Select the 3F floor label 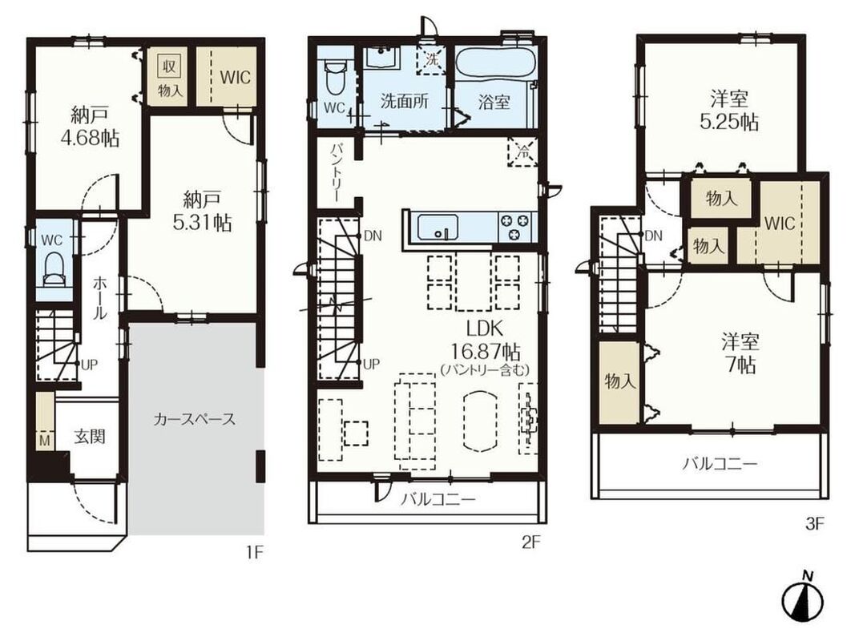point(815,524)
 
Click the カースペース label point(195,420)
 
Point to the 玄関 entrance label point(90,437)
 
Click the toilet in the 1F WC point(53,268)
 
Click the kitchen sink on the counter point(438,227)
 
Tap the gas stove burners point(515,227)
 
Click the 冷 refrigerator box point(523,152)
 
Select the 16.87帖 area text point(486,351)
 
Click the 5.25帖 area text point(730,123)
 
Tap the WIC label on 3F point(780,224)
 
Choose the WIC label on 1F point(235,77)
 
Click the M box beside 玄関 point(45,441)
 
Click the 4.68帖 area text point(90,139)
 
